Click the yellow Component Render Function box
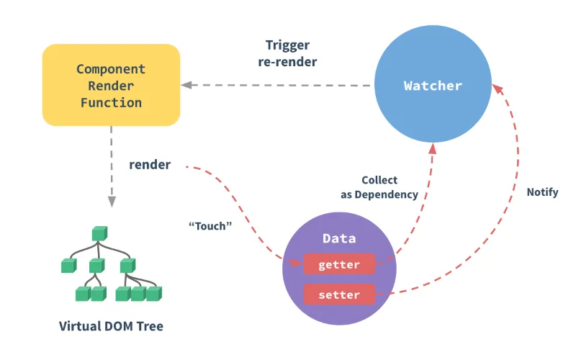(111, 85)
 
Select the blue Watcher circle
(433, 85)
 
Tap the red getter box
(339, 264)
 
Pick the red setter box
(339, 294)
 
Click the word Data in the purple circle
(339, 239)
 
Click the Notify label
(542, 192)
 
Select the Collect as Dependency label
(379, 187)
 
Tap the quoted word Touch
(210, 225)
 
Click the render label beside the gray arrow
(150, 165)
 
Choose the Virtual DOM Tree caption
(111, 326)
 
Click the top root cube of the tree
(99, 233)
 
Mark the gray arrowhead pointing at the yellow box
(186, 86)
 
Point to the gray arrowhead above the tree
(111, 199)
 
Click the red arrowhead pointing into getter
(295, 264)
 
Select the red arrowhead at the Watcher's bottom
(433, 147)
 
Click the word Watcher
(433, 86)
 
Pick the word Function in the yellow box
(111, 102)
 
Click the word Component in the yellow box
(111, 69)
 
